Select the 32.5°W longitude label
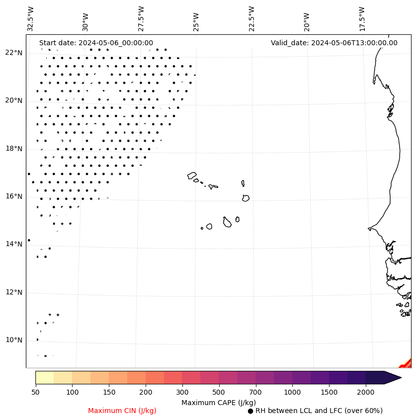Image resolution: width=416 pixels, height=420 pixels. pos(31,19)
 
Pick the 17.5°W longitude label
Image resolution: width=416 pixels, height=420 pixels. pos(362,19)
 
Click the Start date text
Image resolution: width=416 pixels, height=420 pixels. pos(96,43)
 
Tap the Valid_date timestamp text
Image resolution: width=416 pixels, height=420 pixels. pos(334,43)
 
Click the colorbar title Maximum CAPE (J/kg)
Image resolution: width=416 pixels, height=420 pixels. pos(219,402)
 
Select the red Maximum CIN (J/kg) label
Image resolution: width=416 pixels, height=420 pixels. pos(122,411)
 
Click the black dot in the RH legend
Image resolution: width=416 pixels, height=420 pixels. pos(250,411)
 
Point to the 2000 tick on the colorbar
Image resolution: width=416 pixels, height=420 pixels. pos(365,392)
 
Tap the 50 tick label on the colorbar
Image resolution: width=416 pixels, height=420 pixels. pos(35,392)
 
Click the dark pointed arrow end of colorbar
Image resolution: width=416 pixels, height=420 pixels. pos(392,377)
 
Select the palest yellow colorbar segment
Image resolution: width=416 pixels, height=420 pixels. pos(44,377)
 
